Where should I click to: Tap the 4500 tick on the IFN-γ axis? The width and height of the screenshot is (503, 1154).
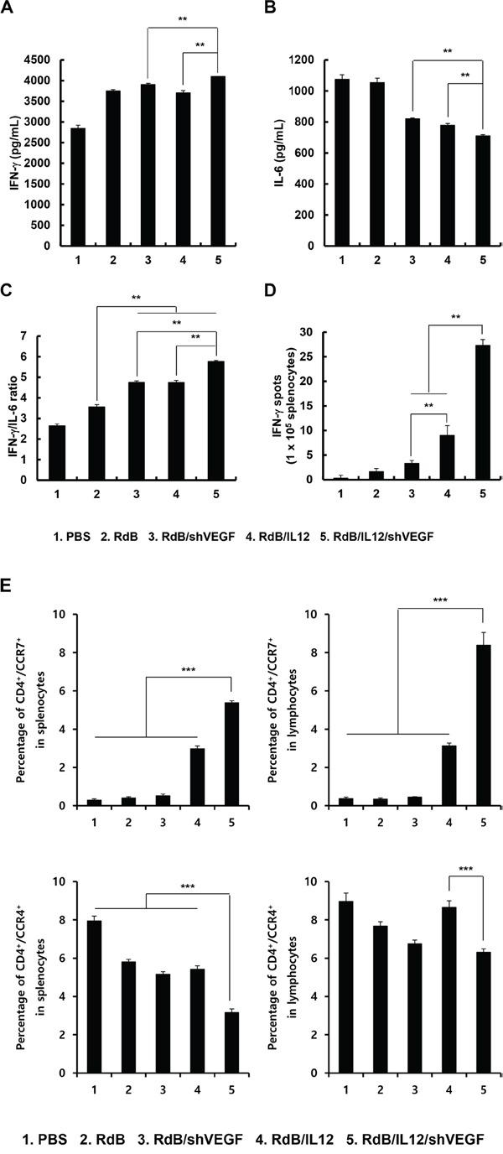(x=38, y=60)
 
